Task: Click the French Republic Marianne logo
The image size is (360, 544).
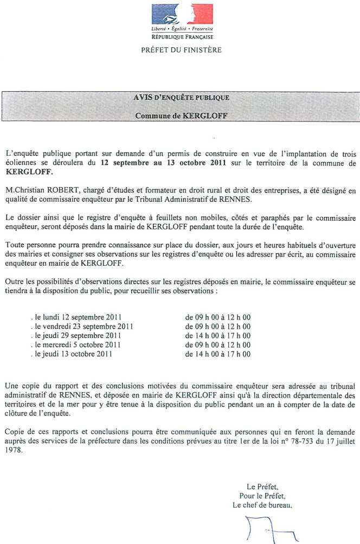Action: (182, 14)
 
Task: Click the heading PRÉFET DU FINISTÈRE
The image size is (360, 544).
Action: (181, 50)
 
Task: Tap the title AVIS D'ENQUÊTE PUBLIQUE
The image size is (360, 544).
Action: (181, 98)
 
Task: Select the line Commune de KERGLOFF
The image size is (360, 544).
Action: (181, 116)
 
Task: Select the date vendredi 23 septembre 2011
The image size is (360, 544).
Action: (82, 327)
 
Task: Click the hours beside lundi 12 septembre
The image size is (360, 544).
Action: (217, 317)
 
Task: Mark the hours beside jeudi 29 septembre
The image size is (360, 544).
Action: (217, 336)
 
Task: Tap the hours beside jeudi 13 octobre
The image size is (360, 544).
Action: (217, 354)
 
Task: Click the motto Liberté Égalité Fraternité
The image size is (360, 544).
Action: (182, 28)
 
